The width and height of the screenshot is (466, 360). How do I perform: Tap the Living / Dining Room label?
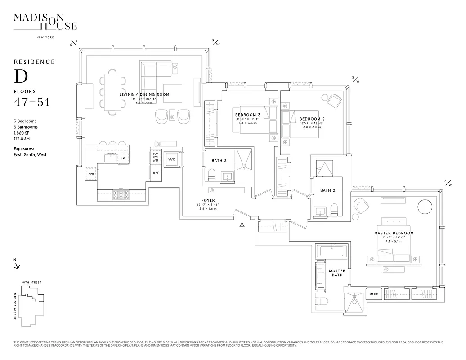tap(144, 94)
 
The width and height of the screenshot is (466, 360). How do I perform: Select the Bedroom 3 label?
tap(248, 115)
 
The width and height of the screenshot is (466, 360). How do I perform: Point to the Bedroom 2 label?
tap(312, 119)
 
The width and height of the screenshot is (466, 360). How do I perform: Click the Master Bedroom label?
tap(394, 233)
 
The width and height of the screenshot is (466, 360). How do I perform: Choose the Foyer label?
tap(208, 201)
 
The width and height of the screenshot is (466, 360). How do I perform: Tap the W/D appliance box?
tap(171, 159)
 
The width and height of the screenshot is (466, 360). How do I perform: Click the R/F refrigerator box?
tap(156, 173)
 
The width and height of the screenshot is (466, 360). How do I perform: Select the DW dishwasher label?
tap(123, 158)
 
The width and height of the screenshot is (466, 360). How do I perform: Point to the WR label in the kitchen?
tap(91, 174)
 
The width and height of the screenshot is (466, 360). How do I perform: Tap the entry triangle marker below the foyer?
tap(242, 224)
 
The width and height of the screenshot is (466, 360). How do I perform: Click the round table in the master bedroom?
tap(425, 207)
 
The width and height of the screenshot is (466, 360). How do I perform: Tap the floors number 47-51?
tap(31, 102)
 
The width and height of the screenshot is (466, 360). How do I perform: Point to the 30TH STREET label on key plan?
tap(31, 282)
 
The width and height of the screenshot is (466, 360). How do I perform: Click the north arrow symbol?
tap(17, 265)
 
